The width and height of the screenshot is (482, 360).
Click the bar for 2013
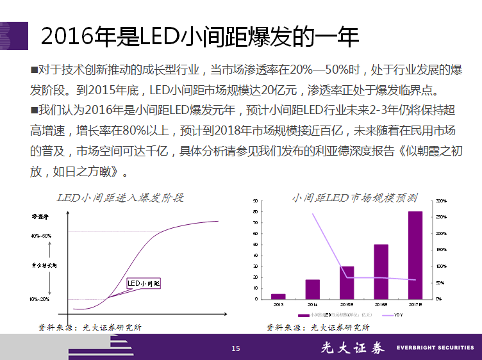click(x=278, y=296)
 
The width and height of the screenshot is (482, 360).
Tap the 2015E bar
click(x=347, y=282)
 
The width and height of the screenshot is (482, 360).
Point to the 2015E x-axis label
click(x=347, y=304)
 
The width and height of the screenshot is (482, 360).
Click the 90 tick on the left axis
click(x=256, y=201)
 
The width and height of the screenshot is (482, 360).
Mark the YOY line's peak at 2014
click(x=313, y=213)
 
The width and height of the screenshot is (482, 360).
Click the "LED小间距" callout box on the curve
click(x=144, y=282)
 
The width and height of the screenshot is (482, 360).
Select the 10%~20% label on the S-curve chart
click(x=40, y=299)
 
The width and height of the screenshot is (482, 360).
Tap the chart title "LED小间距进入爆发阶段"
click(x=120, y=197)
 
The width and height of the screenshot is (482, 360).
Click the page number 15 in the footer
click(x=235, y=348)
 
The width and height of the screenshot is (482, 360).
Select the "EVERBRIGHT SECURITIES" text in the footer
click(x=435, y=348)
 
